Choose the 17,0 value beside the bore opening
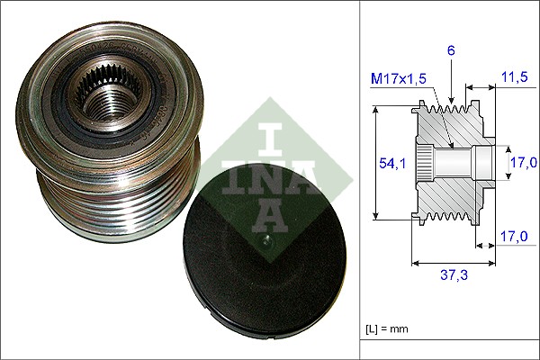click(x=524, y=163)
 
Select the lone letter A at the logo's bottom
click(x=264, y=212)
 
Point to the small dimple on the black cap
click(x=266, y=240)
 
